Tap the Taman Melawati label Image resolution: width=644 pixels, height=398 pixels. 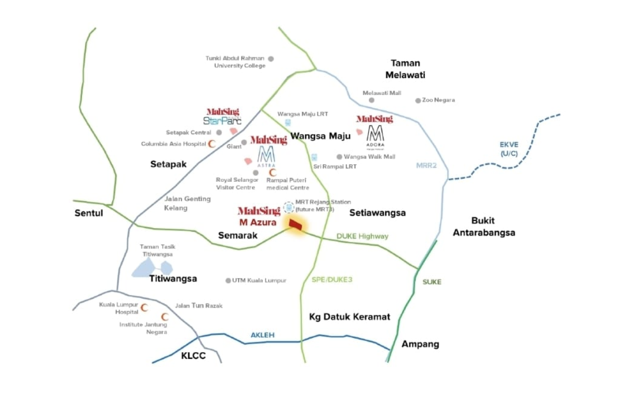coord(405,69)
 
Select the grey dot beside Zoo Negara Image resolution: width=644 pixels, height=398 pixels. coord(418,100)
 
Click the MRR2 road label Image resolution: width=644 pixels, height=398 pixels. coord(426,166)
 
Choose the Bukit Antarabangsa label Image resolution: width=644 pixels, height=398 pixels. coord(484,226)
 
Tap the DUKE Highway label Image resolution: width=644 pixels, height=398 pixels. coord(362,236)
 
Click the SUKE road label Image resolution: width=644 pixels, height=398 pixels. coord(432,282)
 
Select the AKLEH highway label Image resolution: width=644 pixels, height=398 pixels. coord(262,335)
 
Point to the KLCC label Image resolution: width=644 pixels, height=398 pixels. coord(193,356)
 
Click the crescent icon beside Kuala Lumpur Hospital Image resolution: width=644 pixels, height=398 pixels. coord(144,308)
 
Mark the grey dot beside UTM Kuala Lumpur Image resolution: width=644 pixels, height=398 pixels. coord(228,281)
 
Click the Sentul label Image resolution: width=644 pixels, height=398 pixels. coord(89,213)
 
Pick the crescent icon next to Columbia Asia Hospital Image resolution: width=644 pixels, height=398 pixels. coord(211,144)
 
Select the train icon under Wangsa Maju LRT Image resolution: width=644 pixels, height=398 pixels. coord(288,123)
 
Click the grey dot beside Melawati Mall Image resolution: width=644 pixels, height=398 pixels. coord(371,100)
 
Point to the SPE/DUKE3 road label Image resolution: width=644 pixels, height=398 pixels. coord(332,280)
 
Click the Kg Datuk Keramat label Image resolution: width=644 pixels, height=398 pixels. coord(349,316)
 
